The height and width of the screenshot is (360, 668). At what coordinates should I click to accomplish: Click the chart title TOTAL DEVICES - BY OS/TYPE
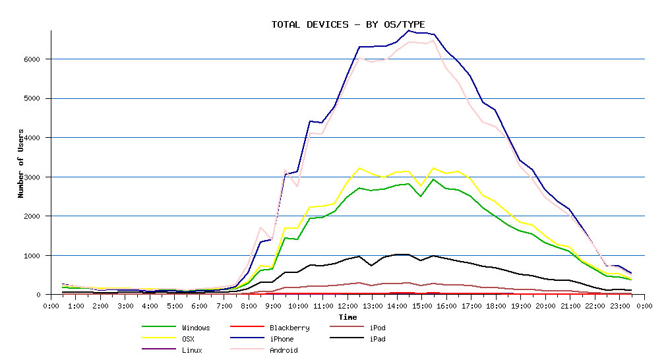click(x=348, y=24)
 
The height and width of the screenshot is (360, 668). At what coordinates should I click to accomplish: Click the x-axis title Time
click(x=348, y=317)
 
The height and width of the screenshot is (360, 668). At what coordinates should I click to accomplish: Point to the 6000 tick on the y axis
click(x=32, y=59)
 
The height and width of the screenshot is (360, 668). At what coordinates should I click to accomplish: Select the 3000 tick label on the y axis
click(x=32, y=177)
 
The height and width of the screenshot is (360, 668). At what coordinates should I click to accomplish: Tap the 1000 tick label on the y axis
click(x=32, y=255)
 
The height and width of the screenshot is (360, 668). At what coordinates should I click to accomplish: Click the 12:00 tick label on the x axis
click(x=348, y=306)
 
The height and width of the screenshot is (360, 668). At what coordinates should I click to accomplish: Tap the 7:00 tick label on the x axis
click(x=224, y=306)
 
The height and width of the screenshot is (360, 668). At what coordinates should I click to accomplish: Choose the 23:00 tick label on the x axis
click(x=620, y=306)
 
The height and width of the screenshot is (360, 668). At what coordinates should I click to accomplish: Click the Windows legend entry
click(x=196, y=328)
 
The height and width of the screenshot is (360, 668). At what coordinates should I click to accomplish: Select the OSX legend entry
click(x=188, y=339)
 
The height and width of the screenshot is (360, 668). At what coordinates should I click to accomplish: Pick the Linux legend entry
click(x=192, y=350)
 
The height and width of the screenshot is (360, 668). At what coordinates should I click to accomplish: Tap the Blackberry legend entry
click(x=289, y=328)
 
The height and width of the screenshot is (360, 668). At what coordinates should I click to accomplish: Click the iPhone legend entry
click(x=282, y=339)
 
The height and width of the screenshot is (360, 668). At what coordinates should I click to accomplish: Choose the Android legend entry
click(x=284, y=350)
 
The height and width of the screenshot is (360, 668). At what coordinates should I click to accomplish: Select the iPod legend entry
click(x=377, y=328)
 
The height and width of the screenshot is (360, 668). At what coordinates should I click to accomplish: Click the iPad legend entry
click(x=377, y=339)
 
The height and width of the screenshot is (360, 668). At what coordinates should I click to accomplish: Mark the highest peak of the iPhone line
click(x=409, y=30)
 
